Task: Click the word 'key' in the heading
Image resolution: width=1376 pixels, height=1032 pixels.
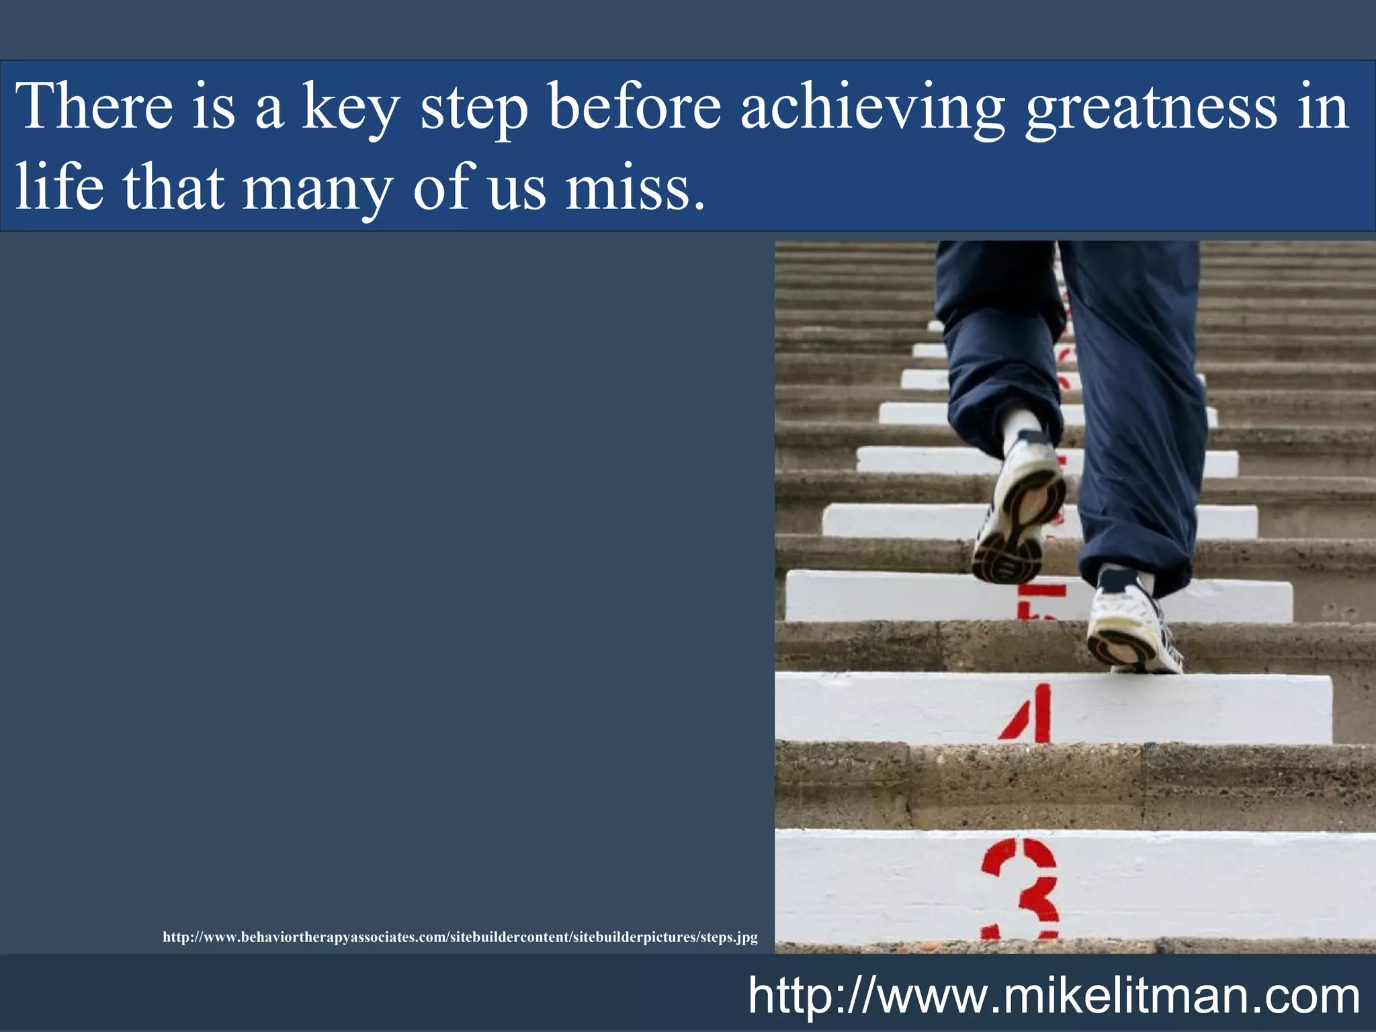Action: (350, 107)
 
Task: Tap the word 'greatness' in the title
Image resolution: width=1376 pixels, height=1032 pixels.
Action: (1150, 107)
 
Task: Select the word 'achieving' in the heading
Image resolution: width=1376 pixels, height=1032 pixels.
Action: (872, 107)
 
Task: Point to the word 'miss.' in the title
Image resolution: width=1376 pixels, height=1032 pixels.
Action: (635, 188)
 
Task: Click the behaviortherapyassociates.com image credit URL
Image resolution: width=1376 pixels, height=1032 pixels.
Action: (460, 937)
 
